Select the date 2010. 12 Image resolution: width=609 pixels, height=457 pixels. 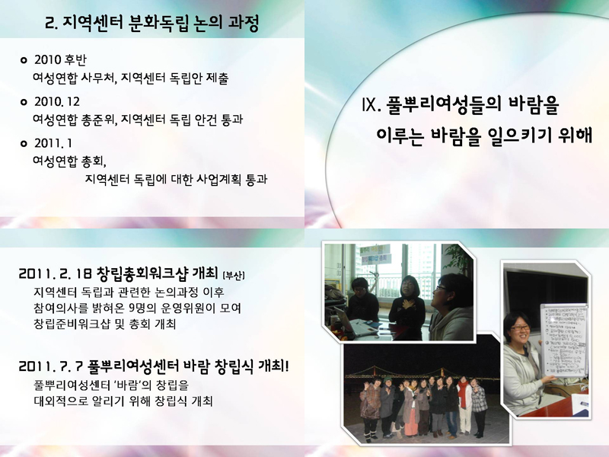pyautogui.click(x=56, y=101)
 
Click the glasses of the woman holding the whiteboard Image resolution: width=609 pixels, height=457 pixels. pyautogui.click(x=521, y=329)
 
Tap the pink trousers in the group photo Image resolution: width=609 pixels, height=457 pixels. pyautogui.click(x=411, y=421)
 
